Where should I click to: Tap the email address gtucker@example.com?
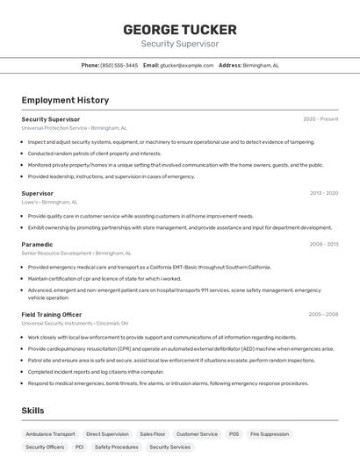point(187,65)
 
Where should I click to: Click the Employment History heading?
point(65,100)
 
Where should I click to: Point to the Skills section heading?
point(32,411)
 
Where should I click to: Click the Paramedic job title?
point(37,244)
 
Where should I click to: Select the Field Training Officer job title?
point(51,314)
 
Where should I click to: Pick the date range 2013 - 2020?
point(323,193)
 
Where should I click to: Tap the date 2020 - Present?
point(320,119)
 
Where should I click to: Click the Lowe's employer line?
point(49,202)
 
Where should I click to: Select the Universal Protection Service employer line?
point(74,127)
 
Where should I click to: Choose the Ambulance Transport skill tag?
point(50,433)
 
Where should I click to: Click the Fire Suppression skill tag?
point(269,433)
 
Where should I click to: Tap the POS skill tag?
point(234,433)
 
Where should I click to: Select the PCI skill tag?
point(79,447)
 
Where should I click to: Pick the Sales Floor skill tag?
point(152,433)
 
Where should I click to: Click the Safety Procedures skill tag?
point(116,447)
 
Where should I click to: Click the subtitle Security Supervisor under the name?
point(179,43)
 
